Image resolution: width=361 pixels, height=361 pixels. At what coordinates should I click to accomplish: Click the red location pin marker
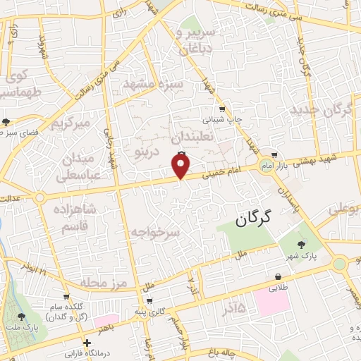[x=181, y=166]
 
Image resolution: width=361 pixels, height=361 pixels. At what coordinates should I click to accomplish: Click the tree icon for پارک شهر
[x=302, y=244]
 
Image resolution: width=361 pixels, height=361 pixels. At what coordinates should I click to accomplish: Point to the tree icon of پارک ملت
[x=29, y=317]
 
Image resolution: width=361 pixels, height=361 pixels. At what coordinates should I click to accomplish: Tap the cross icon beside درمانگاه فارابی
[x=86, y=344]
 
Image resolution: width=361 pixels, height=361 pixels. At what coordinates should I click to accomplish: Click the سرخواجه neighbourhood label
[x=155, y=232]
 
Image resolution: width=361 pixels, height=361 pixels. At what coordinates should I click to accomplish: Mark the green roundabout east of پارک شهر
[x=340, y=264]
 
